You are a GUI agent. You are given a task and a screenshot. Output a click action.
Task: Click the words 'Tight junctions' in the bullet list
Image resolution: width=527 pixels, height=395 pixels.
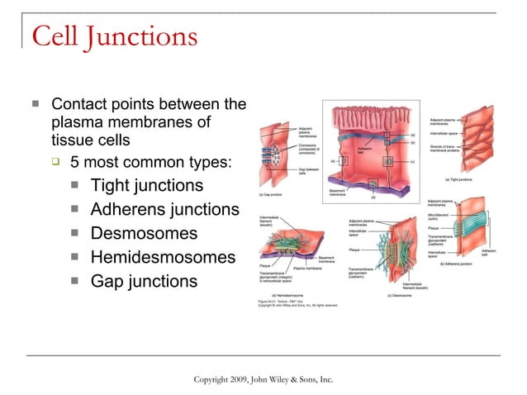tap(146, 185)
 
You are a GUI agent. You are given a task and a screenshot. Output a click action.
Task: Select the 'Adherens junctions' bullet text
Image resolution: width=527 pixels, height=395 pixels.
tap(164, 209)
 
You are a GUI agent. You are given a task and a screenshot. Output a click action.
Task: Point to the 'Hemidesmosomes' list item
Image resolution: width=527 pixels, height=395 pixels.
tap(163, 258)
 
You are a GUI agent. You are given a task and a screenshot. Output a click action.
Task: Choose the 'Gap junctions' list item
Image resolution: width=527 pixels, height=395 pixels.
tap(144, 282)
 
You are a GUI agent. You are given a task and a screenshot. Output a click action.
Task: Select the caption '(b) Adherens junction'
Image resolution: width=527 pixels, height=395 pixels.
tap(456, 264)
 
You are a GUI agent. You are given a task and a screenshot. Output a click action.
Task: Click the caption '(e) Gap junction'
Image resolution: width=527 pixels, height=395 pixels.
tap(272, 195)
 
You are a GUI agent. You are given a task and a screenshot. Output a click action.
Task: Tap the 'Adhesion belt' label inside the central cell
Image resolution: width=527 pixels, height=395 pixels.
tap(366, 151)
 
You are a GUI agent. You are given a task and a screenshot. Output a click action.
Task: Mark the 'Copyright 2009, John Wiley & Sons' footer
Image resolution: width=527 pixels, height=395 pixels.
tap(263, 378)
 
